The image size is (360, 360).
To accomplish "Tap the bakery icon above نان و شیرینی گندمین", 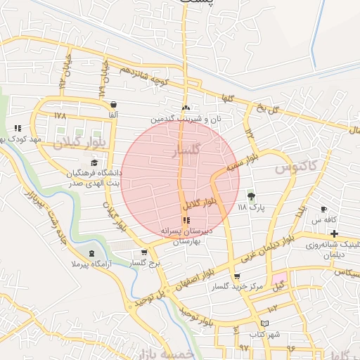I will pyautogui.click(x=186, y=108).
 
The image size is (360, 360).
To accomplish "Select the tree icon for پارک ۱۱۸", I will pyautogui.click(x=252, y=195).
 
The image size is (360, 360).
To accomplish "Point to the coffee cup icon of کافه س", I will pyautogui.click(x=323, y=210).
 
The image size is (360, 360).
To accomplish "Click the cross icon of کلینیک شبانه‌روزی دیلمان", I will pyautogui.click(x=334, y=233).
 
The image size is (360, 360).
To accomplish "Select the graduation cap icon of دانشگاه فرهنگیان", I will pyautogui.click(x=94, y=163).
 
